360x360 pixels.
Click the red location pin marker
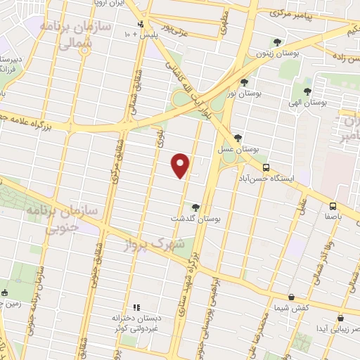[x=181, y=165]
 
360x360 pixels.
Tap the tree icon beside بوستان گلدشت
[x=195, y=207]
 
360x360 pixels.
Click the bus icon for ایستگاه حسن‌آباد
[x=266, y=167]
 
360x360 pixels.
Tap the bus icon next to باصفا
[x=333, y=205]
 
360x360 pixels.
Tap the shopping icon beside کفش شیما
[x=291, y=297]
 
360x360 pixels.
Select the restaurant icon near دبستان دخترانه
[x=136, y=307]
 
